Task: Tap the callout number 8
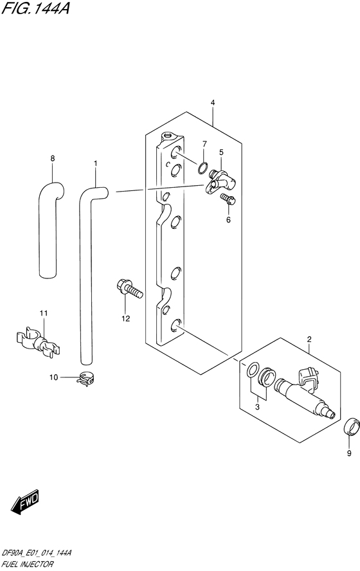pos(53,158)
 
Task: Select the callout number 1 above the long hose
pos(95,164)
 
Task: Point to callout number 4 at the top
pos(212,102)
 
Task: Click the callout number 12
pos(126,317)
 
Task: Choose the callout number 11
pos(43,313)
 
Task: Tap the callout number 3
pos(258,407)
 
